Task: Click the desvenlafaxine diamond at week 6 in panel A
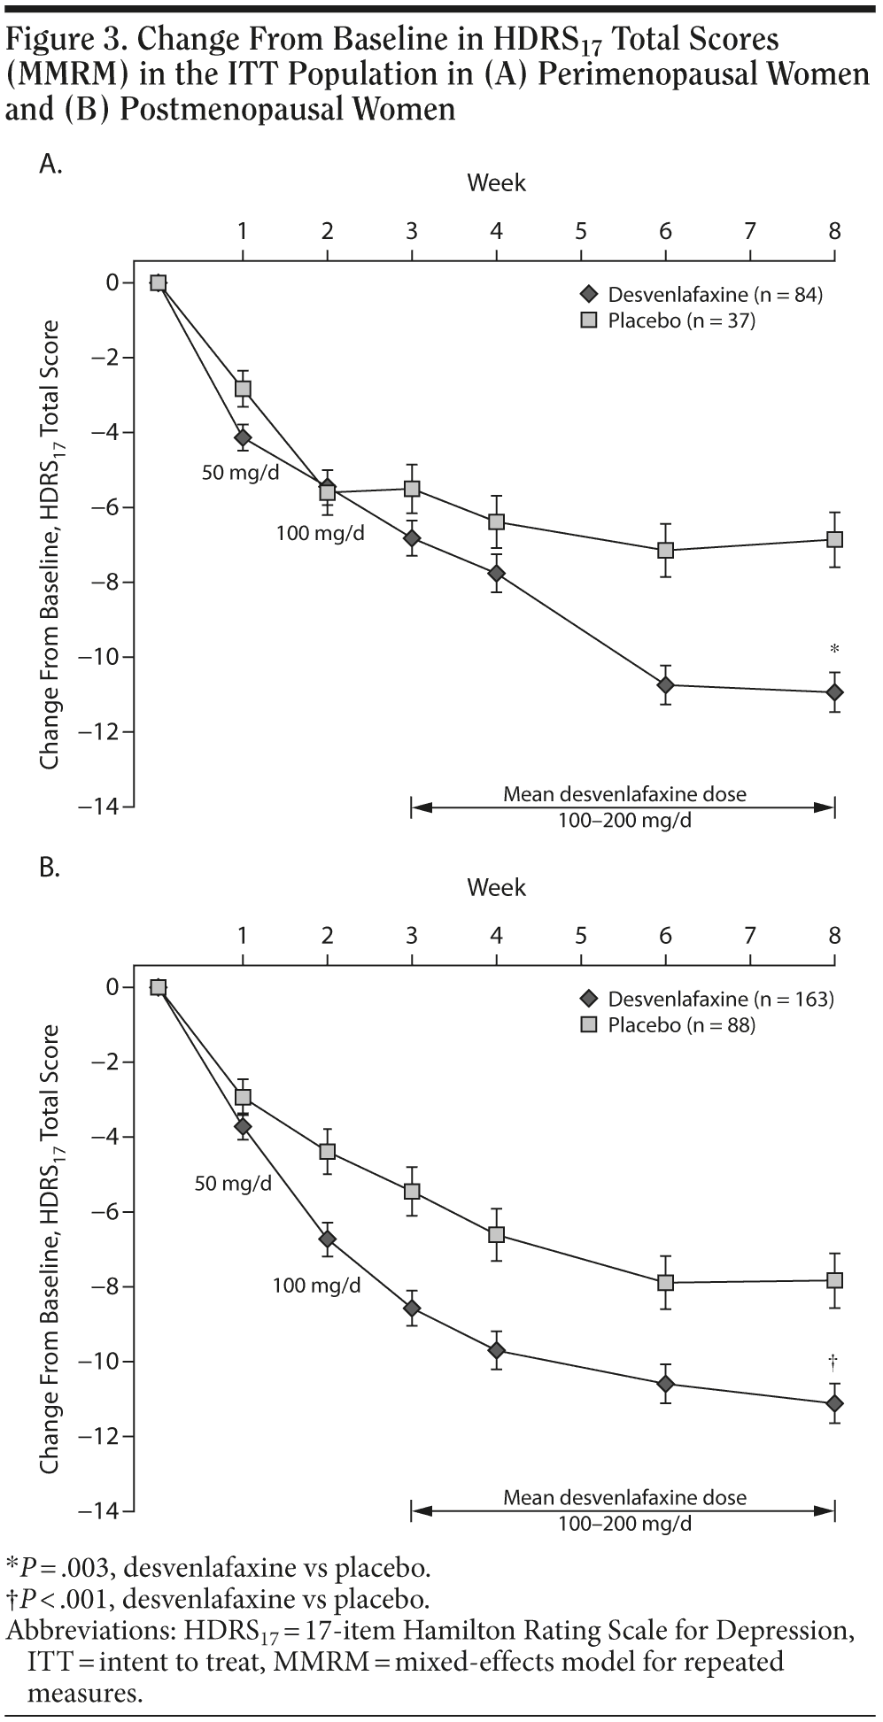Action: pyautogui.click(x=665, y=685)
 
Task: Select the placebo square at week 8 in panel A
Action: pyautogui.click(x=834, y=539)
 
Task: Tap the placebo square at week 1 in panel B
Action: pyautogui.click(x=243, y=1097)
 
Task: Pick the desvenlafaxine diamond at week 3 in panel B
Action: pyautogui.click(x=412, y=1308)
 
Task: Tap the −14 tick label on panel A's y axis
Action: pyautogui.click(x=105, y=807)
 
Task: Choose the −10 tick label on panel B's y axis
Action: pyautogui.click(x=105, y=1361)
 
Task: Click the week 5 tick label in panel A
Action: pyautogui.click(x=581, y=232)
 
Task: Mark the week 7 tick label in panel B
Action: pyautogui.click(x=750, y=936)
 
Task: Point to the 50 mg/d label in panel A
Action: pyautogui.click(x=241, y=472)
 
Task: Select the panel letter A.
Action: pyautogui.click(x=50, y=164)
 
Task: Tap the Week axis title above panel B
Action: pyautogui.click(x=496, y=888)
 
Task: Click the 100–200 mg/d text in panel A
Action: pyautogui.click(x=624, y=821)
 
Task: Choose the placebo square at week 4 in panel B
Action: pyautogui.click(x=496, y=1234)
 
